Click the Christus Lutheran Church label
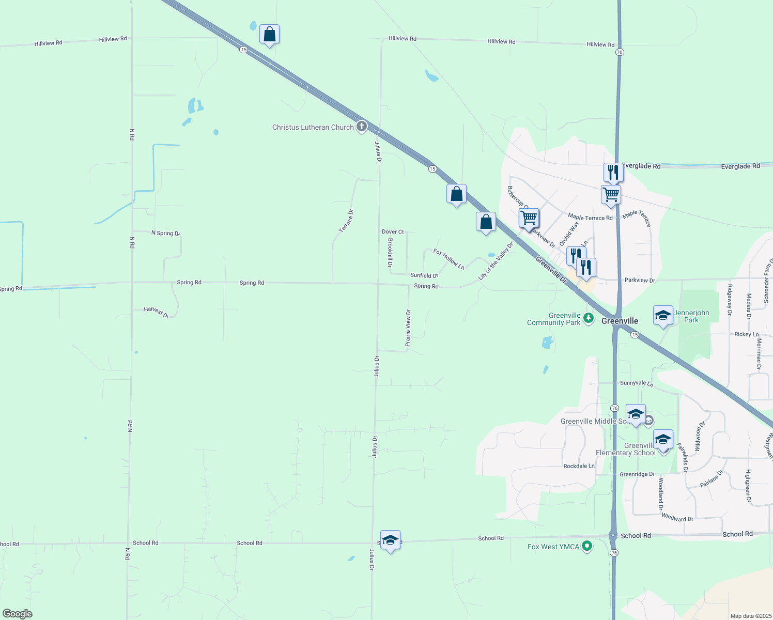pyautogui.click(x=313, y=127)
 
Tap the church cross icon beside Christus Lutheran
pyautogui.click(x=362, y=127)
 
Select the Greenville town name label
pyautogui.click(x=620, y=321)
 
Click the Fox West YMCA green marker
pyautogui.click(x=586, y=546)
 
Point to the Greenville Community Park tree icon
pyautogui.click(x=588, y=318)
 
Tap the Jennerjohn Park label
pyautogui.click(x=691, y=316)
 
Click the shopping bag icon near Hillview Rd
pyautogui.click(x=269, y=35)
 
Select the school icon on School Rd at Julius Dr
pyautogui.click(x=390, y=540)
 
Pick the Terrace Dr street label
pyautogui.click(x=347, y=221)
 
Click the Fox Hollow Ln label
pyautogui.click(x=449, y=259)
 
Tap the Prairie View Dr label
pyautogui.click(x=408, y=328)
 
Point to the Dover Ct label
pyautogui.click(x=393, y=232)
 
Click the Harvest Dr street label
pyautogui.click(x=157, y=312)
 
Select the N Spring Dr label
pyautogui.click(x=165, y=233)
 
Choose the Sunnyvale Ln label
pyautogui.click(x=636, y=383)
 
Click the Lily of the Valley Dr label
pyautogui.click(x=496, y=261)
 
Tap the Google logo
pyautogui.click(x=17, y=613)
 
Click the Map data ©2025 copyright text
pyautogui.click(x=751, y=616)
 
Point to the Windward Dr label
pyautogui.click(x=677, y=518)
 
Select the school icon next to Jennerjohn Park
pyautogui.click(x=663, y=316)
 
